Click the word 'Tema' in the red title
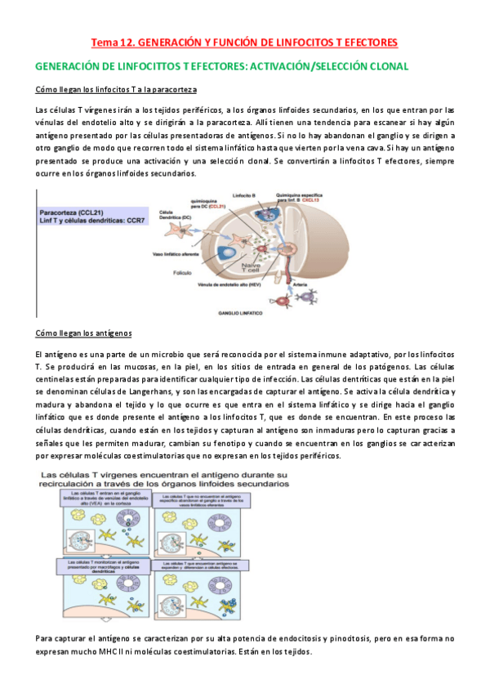tap(103, 42)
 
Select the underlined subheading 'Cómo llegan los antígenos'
tap(90, 333)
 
